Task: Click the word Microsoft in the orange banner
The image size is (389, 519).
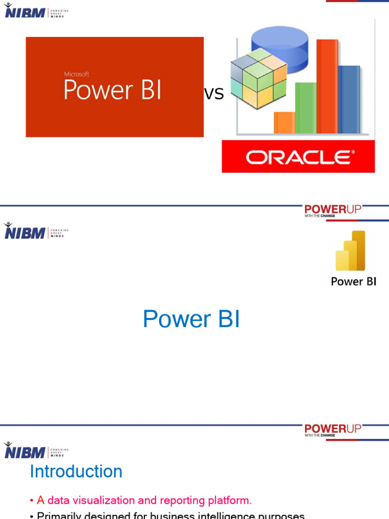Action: [76, 75]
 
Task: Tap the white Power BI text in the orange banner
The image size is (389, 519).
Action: [112, 91]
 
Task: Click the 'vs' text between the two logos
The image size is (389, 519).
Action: [213, 94]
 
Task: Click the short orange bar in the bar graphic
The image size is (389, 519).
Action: [284, 123]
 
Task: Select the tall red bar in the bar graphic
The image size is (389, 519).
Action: [327, 86]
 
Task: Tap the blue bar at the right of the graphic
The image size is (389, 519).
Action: [349, 99]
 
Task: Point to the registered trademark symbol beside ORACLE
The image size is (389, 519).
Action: [353, 152]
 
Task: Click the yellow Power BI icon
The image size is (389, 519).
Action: [351, 251]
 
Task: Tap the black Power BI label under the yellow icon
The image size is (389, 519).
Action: [354, 281]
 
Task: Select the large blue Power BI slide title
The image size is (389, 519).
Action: [191, 319]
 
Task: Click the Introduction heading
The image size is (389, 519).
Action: [76, 471]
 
